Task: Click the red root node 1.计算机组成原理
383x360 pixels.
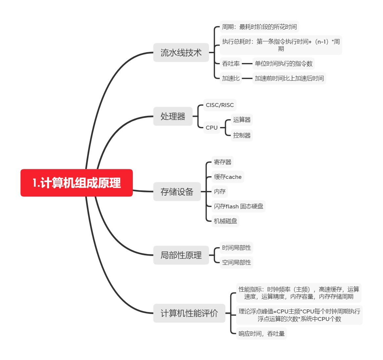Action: point(76,183)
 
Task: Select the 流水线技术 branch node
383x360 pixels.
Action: point(181,53)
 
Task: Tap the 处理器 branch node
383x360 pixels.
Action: point(173,116)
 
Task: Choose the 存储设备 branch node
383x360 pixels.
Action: point(177,192)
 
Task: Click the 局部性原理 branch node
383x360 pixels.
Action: point(181,255)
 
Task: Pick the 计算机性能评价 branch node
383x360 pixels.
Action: point(189,313)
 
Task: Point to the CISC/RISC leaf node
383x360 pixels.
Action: point(220,105)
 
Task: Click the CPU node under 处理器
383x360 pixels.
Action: point(212,128)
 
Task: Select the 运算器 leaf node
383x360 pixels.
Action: point(242,120)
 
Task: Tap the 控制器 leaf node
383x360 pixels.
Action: point(242,135)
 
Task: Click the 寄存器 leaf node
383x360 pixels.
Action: point(222,162)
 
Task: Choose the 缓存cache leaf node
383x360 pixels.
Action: point(228,177)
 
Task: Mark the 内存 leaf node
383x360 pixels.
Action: point(220,191)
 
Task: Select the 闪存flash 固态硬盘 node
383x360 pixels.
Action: point(238,206)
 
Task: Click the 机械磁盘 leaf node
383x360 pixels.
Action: point(225,221)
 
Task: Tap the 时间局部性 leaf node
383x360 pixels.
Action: point(236,248)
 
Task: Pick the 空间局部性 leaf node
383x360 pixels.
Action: point(236,262)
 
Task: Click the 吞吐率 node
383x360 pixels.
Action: point(231,64)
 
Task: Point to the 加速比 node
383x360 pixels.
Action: point(231,78)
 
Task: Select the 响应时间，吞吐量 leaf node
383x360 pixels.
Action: point(261,333)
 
